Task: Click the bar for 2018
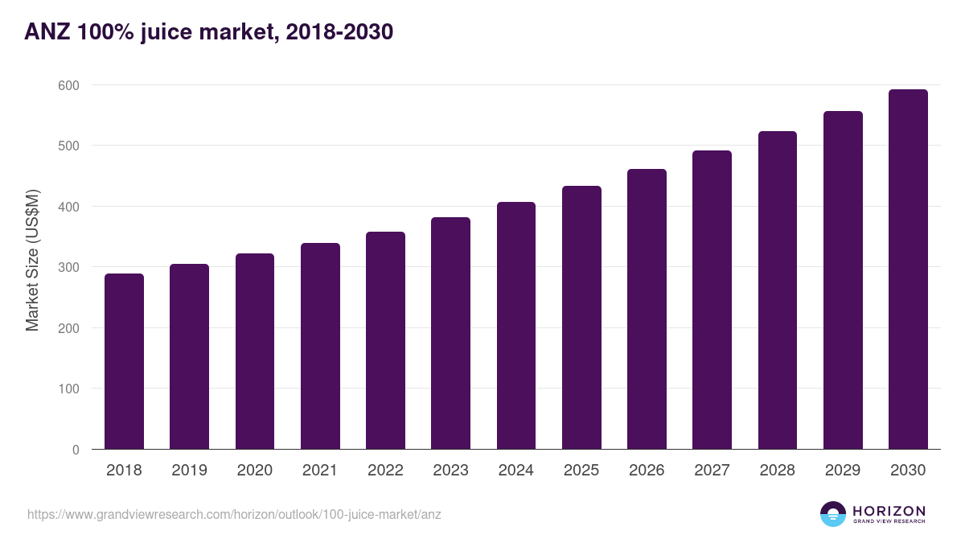coord(124,361)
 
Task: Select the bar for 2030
coord(908,269)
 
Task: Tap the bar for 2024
coord(516,326)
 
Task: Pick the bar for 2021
coord(320,346)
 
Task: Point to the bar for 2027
coord(712,300)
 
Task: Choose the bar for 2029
coord(843,280)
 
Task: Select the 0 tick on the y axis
coord(76,450)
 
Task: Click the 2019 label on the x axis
coord(189,471)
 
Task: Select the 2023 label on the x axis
coord(450,471)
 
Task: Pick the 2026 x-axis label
coord(647,471)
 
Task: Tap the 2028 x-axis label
coord(778,471)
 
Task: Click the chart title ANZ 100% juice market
coord(209,32)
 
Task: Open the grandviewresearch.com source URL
coord(234,514)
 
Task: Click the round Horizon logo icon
coord(833,514)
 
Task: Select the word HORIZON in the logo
coord(889,511)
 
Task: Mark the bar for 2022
coord(385,340)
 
